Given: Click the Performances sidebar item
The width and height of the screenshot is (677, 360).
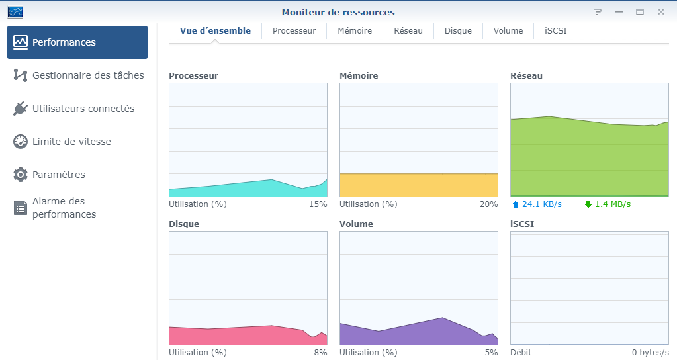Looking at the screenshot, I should tap(77, 42).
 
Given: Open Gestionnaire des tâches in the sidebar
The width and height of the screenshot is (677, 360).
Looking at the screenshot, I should tap(87, 75).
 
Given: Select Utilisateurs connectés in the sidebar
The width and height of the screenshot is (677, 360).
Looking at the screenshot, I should tap(83, 109).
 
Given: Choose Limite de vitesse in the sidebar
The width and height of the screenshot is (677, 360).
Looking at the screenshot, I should tap(71, 142).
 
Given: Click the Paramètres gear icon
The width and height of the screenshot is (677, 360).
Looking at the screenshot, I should tap(21, 175).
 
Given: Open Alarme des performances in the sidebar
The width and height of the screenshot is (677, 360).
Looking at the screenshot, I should tap(64, 208).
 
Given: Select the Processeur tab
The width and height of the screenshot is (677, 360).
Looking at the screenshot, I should tap(294, 31).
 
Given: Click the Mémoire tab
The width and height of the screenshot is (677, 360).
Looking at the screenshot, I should tap(355, 31).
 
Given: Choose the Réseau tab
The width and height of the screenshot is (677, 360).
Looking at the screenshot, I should tap(408, 31).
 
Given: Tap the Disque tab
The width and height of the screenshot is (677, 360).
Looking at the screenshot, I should tap(458, 31).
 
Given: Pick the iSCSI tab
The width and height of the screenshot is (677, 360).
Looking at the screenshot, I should tap(555, 31).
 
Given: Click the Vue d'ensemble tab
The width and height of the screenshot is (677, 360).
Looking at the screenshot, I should tap(215, 31).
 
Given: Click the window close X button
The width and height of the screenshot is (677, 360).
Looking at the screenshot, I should tap(660, 12).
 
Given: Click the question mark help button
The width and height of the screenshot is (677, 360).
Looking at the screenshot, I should tap(598, 12).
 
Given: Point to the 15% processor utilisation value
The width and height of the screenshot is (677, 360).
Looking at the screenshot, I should tap(318, 204).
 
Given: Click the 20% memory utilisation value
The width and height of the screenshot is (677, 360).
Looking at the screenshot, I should tap(488, 204).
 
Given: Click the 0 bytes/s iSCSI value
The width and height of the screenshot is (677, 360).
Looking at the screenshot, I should tap(650, 353).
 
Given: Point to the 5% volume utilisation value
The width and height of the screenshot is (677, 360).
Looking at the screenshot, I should tap(490, 353).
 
